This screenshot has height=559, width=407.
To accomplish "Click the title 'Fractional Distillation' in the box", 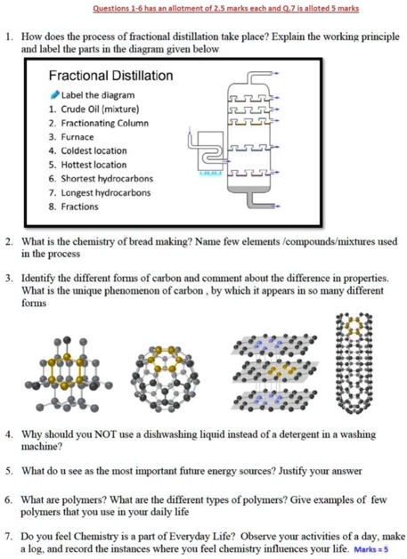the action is coord(110,77).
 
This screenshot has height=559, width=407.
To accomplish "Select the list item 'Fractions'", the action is coord(79,207).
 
